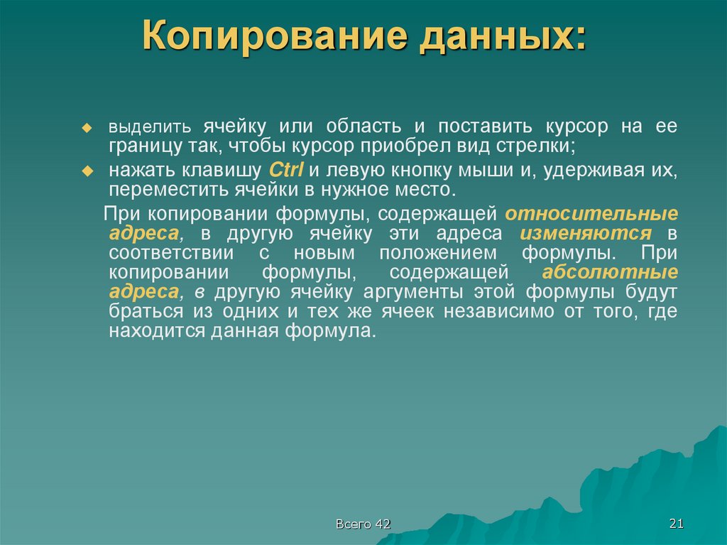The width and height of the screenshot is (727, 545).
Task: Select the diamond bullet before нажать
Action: point(87,171)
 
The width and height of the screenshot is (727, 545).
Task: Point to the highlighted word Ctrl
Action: point(286,171)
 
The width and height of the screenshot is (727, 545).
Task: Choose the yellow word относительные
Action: point(591,213)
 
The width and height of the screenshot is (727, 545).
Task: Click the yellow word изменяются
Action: point(586,233)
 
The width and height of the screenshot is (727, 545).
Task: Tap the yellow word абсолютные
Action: point(609,273)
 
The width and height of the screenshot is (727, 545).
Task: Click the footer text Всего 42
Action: point(363,524)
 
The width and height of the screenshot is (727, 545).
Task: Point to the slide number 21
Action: point(676,524)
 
